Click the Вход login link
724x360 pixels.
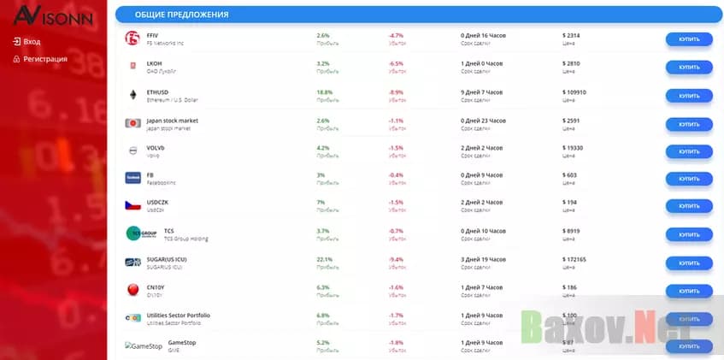(x=32, y=41)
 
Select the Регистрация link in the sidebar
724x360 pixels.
(x=45, y=59)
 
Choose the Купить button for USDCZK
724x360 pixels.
(x=689, y=206)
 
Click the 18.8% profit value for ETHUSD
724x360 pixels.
(x=325, y=91)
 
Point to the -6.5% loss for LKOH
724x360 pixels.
(x=396, y=64)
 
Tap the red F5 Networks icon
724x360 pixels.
(x=132, y=38)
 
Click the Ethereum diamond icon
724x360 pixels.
(x=132, y=95)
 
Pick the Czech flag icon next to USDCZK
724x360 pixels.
(x=132, y=206)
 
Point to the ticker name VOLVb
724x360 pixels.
(x=156, y=147)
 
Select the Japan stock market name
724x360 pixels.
(x=173, y=120)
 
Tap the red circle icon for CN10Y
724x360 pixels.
(x=132, y=290)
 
